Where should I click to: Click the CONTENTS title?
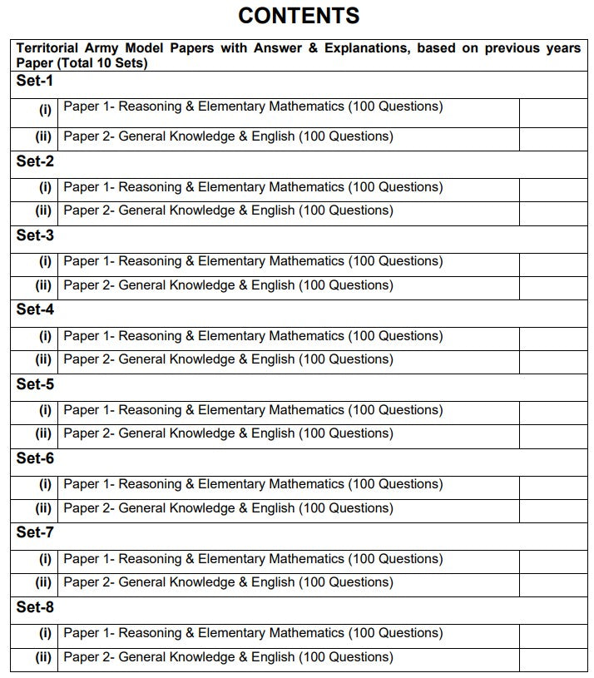[x=299, y=15]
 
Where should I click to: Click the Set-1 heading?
[x=35, y=82]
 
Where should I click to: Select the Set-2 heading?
[x=35, y=161]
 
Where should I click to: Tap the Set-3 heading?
[x=35, y=235]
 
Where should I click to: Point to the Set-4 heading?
[x=35, y=310]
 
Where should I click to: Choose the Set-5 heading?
[x=35, y=384]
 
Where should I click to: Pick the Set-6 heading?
[x=35, y=458]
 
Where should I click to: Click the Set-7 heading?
[x=35, y=533]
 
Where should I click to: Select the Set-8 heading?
[x=35, y=607]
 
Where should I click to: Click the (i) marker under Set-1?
[x=45, y=108]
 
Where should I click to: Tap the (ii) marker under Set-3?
[x=43, y=285]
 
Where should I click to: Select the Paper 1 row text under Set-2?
[x=253, y=187]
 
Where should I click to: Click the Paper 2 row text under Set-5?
[x=228, y=433]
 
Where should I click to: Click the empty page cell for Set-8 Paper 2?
[x=552, y=658]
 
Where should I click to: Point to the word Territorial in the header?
[x=50, y=48]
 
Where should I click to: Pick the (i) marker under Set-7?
[x=45, y=559]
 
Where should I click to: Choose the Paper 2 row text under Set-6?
[x=228, y=507]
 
